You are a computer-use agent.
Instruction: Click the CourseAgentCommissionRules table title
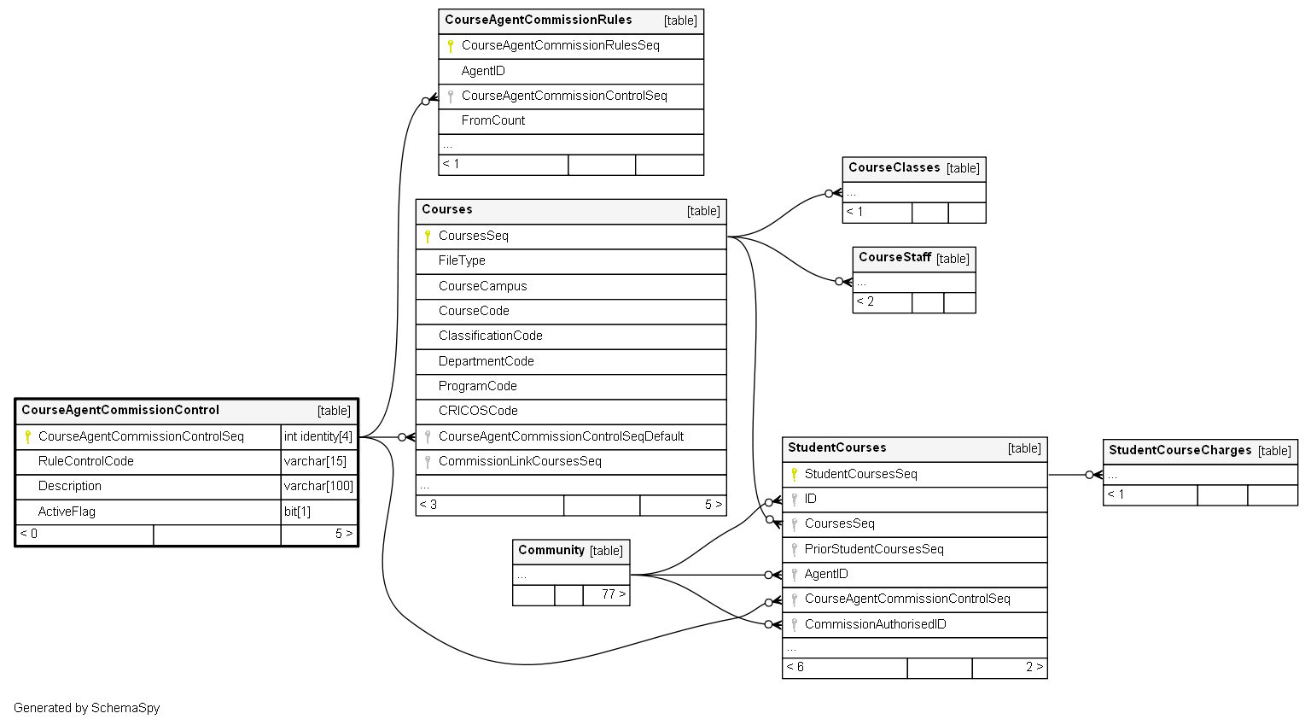pos(538,20)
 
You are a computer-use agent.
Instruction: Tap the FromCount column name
pos(492,120)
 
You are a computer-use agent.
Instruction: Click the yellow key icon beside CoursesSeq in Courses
pos(428,236)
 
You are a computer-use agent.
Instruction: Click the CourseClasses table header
pos(913,169)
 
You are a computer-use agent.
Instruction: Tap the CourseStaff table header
pos(913,258)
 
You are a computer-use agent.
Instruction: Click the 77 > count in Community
pos(614,594)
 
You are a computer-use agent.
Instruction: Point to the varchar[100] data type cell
pos(318,486)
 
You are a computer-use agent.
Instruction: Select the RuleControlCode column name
pos(85,461)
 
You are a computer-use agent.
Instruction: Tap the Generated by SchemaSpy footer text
pos(86,708)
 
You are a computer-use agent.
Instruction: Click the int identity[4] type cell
pos(318,437)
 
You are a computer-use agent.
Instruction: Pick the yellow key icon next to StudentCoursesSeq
pos(795,474)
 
